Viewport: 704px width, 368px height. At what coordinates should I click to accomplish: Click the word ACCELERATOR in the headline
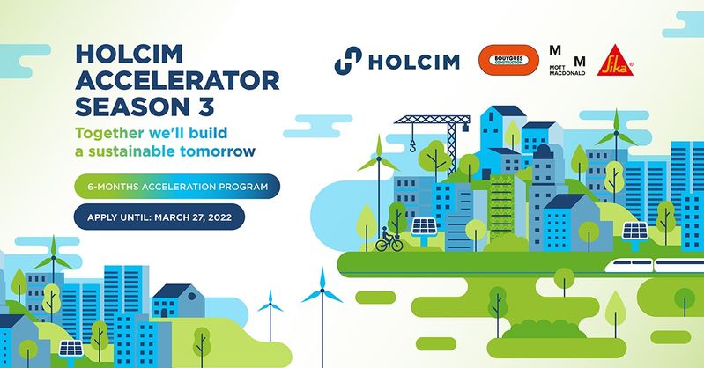pos(177,81)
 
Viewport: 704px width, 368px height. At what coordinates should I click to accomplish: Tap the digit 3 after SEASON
pos(205,107)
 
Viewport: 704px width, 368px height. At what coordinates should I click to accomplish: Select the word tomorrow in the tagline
pos(218,151)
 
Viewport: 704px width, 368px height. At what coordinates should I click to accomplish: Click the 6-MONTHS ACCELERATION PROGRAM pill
pos(177,187)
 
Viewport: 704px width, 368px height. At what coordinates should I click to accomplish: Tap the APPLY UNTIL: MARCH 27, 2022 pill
pos(159,217)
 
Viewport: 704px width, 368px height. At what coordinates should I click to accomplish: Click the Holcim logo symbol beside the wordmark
pos(348,61)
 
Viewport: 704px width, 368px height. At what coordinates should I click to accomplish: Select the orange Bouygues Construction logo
pos(508,60)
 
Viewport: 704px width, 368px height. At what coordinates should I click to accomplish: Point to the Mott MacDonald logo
pos(567,60)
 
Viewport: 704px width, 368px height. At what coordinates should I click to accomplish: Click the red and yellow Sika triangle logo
pos(615,61)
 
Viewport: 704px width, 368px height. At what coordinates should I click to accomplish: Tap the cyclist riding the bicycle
pos(389,240)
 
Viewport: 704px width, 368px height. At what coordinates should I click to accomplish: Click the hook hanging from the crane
pos(412,145)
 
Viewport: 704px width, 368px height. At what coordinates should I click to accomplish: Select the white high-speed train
pos(654,266)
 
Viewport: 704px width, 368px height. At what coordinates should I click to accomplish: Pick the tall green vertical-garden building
pos(501,209)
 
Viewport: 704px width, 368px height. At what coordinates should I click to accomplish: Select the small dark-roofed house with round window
pos(179,301)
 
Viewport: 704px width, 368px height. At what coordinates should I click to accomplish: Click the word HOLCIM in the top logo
pos(414,62)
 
